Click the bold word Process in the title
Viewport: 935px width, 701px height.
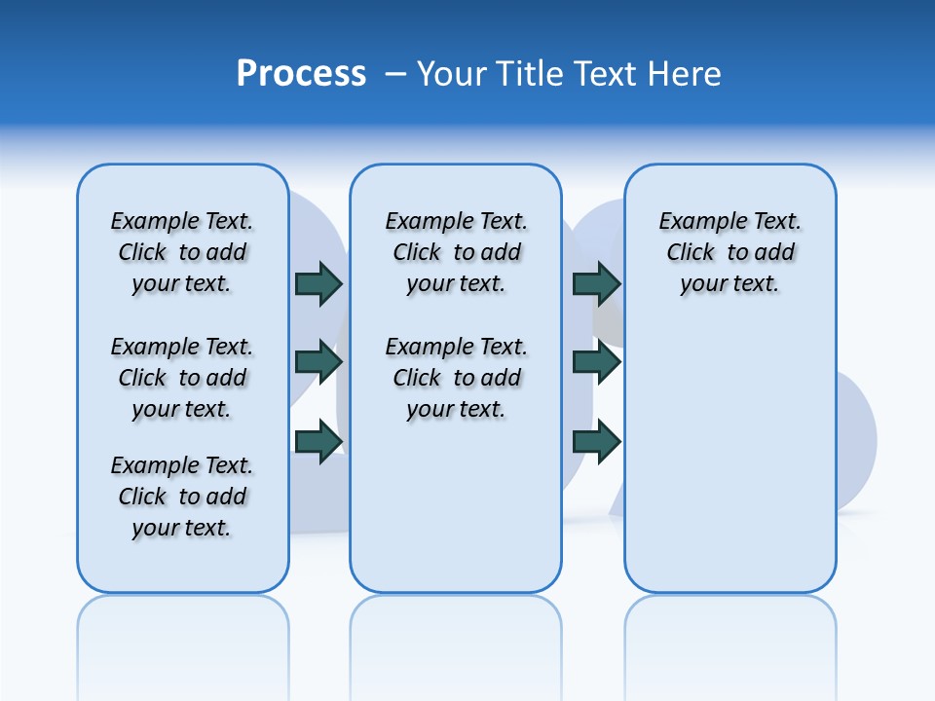(x=301, y=74)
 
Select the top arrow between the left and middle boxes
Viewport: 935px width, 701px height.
(x=318, y=283)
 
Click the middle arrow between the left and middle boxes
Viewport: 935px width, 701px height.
(x=318, y=362)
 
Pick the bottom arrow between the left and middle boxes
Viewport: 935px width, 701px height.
(x=318, y=441)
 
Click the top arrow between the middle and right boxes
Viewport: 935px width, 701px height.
(x=596, y=283)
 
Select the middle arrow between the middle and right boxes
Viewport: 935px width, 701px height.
(x=596, y=362)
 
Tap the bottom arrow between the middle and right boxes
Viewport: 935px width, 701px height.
(x=596, y=441)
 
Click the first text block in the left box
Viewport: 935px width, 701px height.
(x=182, y=252)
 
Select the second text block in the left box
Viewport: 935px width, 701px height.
(x=182, y=378)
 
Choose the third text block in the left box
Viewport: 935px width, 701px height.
(x=182, y=497)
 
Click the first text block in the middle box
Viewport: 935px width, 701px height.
(x=456, y=252)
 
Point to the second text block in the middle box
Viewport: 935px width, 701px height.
(x=456, y=378)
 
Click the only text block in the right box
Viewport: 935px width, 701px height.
(x=729, y=252)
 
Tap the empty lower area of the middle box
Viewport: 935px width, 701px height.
(x=456, y=506)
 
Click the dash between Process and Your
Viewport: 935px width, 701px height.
(x=395, y=74)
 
